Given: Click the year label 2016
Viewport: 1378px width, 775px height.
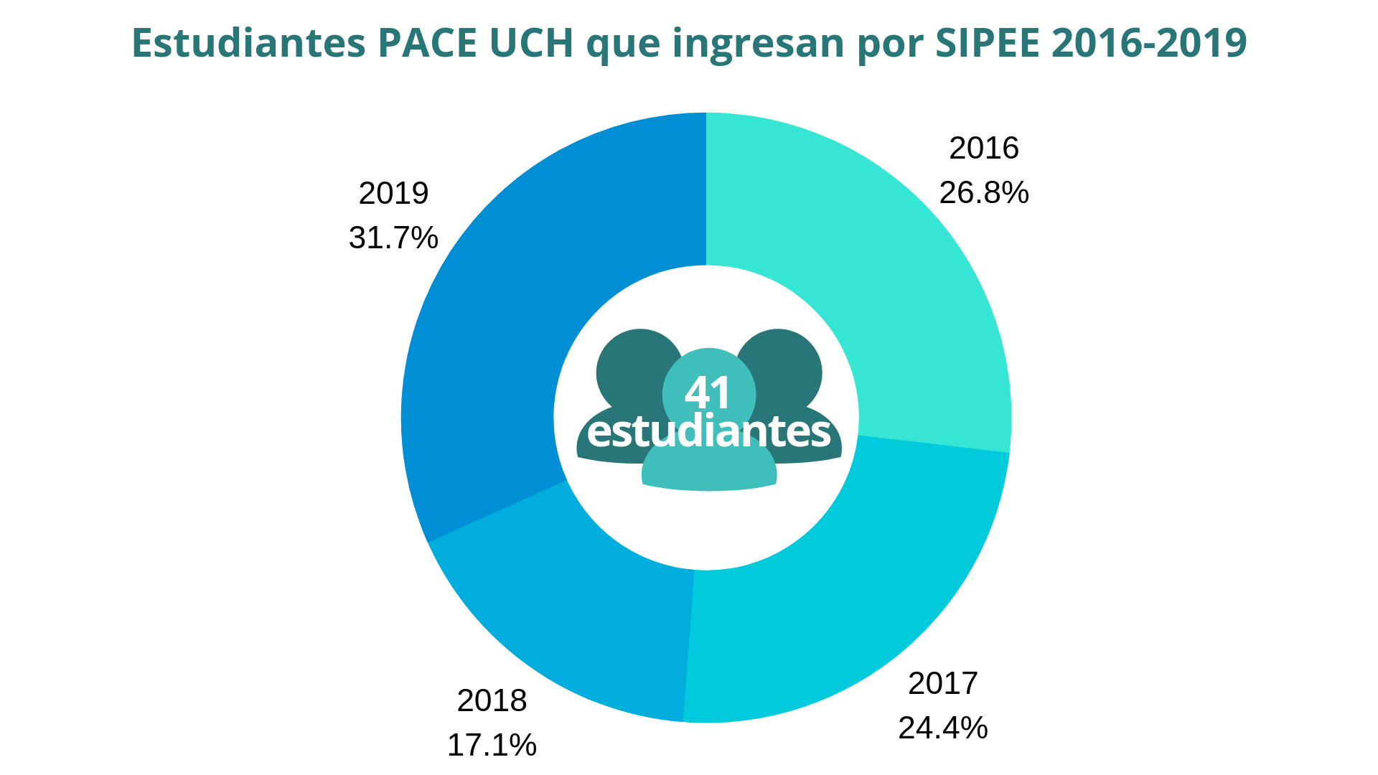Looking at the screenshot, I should [x=983, y=149].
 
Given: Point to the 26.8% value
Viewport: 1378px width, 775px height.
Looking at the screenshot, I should [x=983, y=193].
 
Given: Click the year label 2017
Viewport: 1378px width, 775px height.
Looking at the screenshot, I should [x=942, y=683].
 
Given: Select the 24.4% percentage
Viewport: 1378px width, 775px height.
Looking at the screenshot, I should [x=942, y=728].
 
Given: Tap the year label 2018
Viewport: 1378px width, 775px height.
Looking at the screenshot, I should [x=492, y=701].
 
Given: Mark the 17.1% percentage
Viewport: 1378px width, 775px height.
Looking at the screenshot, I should [x=492, y=746].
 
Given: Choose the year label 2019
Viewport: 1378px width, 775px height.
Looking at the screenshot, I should [x=393, y=194].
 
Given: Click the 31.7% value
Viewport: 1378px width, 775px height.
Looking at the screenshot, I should [x=393, y=238].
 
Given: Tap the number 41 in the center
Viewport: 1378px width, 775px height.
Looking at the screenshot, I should [x=708, y=393].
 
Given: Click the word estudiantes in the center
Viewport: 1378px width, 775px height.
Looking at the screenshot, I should [x=708, y=432].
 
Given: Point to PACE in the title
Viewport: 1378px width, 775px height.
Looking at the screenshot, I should [x=426, y=43].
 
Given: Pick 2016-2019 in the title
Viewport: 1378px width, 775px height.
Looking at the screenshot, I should [x=1148, y=43].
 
